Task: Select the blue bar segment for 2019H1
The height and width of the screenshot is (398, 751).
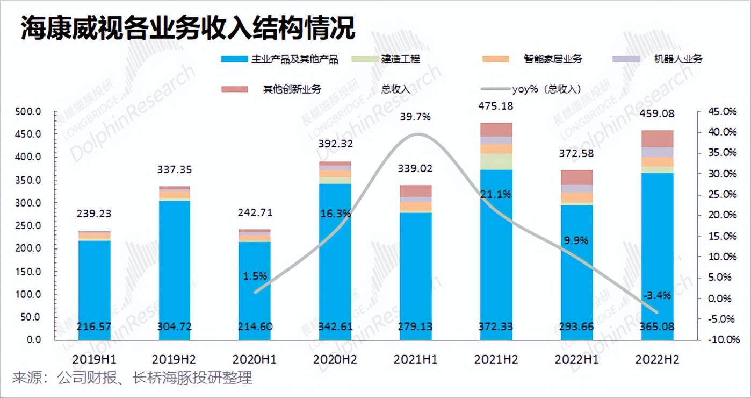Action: [x=94, y=285]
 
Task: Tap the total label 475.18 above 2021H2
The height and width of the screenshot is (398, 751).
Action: [x=496, y=106]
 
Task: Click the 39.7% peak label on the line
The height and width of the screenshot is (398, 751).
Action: [x=415, y=117]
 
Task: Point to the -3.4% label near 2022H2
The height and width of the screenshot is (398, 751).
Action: [x=656, y=295]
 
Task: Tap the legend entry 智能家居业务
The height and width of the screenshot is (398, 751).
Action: [x=553, y=59]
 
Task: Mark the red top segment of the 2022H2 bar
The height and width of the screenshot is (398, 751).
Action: [x=656, y=139]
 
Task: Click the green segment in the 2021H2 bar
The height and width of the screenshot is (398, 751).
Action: [x=496, y=161]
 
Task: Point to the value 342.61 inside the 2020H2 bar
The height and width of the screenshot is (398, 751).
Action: [x=335, y=326]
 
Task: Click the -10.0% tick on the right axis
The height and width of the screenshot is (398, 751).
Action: [x=720, y=339]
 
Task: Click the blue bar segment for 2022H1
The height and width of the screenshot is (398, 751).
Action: [x=576, y=269]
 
